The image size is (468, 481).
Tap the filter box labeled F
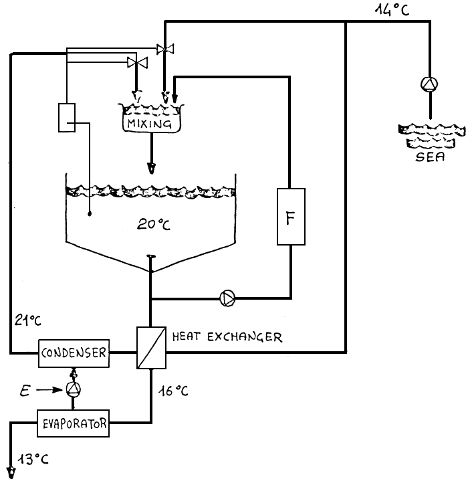tap(291, 217)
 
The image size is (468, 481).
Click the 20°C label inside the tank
tap(154, 224)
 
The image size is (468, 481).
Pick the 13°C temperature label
tap(33, 460)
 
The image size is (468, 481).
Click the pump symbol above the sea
tap(428, 84)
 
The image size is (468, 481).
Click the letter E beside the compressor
tap(25, 388)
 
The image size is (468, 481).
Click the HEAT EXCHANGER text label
tap(227, 337)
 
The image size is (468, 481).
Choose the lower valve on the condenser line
tap(137, 63)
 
